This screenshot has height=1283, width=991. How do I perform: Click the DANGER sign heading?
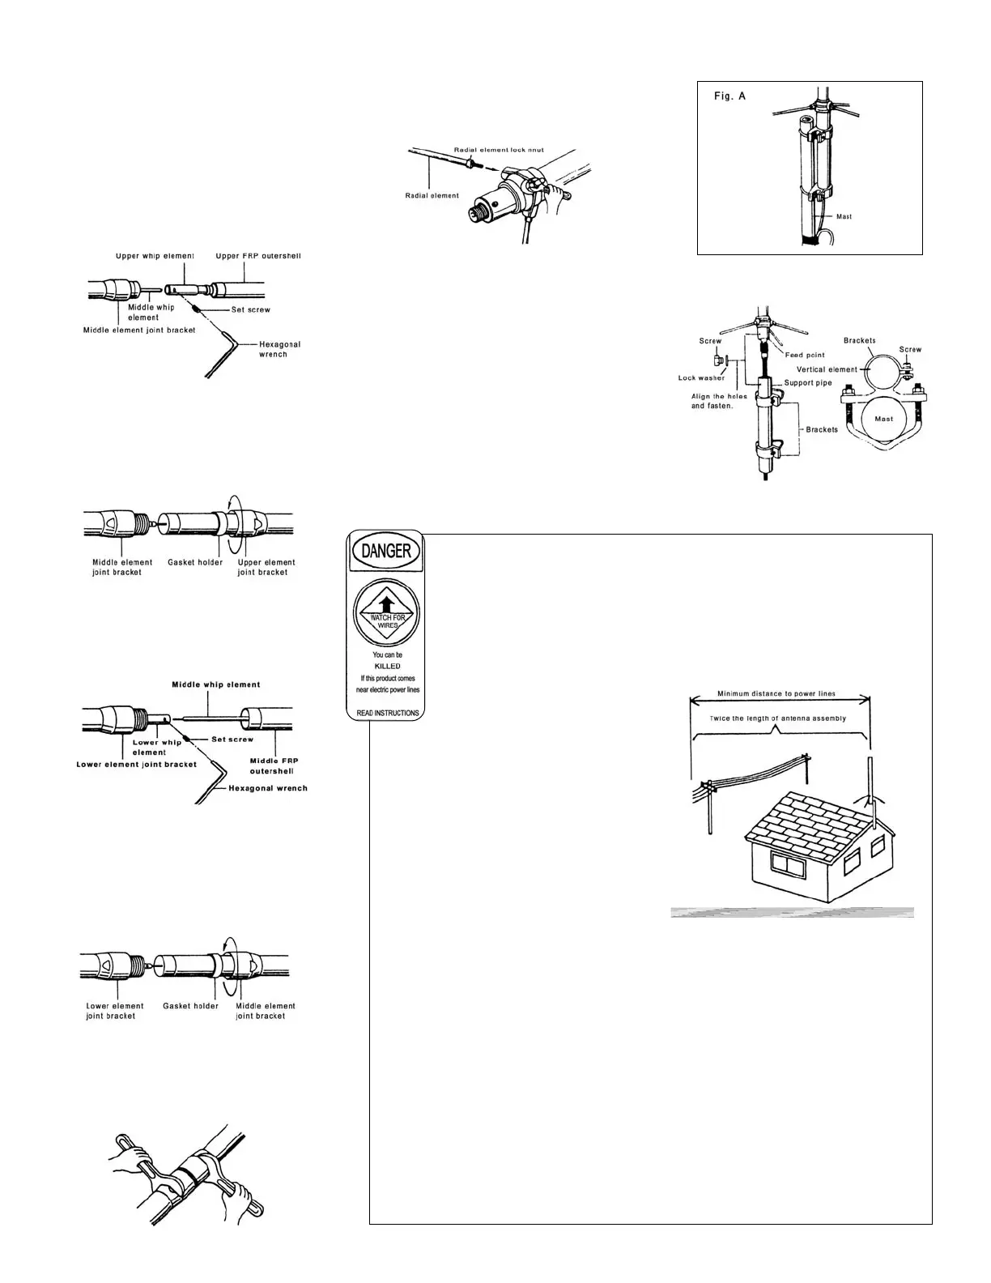coord(386,552)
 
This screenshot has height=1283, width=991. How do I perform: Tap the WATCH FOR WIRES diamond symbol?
coord(387,613)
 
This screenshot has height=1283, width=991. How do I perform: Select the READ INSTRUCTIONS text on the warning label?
coord(388,713)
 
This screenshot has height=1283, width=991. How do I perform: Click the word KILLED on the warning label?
coord(388,666)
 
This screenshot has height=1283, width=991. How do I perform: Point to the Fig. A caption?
coord(729,96)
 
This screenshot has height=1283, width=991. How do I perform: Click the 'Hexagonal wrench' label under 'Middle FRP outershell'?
coord(268,788)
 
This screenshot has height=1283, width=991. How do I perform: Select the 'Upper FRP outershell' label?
coord(258,257)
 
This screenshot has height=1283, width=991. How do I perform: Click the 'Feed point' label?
coord(805,356)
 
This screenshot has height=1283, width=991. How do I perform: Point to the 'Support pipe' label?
coord(808,383)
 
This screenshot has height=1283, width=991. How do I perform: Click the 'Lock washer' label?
coord(701,378)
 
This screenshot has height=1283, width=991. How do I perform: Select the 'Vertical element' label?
coord(826,369)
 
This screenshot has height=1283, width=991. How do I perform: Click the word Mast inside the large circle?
coord(884,419)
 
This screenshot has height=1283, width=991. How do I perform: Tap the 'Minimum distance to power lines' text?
coord(776,694)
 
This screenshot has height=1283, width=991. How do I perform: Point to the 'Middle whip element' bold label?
coord(215,684)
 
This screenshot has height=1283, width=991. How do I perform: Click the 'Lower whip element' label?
coord(157,747)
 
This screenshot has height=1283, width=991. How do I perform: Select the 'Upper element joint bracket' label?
coord(266,567)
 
